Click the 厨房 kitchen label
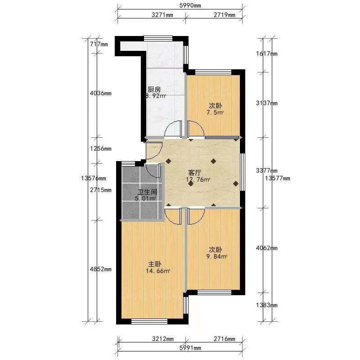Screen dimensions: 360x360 coord(154,89)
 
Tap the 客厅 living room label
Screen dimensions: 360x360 coord(195,172)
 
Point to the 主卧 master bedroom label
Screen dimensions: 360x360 coord(155,264)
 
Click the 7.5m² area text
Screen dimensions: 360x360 coord(215,113)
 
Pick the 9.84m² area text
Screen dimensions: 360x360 coord(217,256)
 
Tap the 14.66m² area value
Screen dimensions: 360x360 coord(158,271)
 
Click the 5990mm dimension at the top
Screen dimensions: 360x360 coord(190,5)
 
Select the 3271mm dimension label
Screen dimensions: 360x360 coord(162,15)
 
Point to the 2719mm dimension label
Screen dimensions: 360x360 coord(224,15)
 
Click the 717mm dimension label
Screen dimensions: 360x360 coord(99,44)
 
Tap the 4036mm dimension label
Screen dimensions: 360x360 coord(100,93)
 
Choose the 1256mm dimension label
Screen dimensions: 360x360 coord(100,148)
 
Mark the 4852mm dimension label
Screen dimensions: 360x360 coord(100,269)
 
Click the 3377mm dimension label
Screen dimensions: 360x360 coord(266,171)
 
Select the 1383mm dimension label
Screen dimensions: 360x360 coord(266,305)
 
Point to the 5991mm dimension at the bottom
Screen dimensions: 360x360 coord(190,348)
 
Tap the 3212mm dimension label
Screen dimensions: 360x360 coord(162,339)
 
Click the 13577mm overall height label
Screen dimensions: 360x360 coord(277,178)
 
